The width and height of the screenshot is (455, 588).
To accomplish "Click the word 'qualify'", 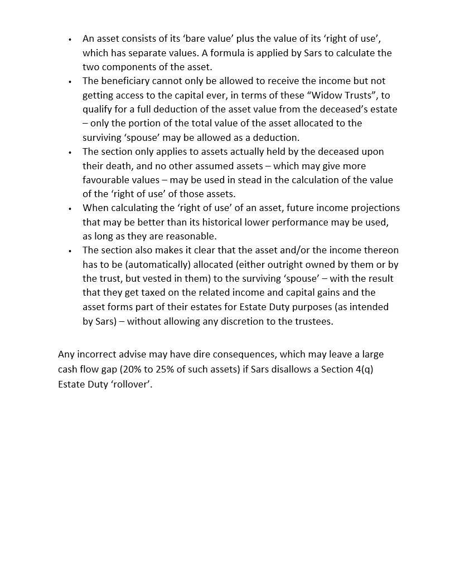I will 98,109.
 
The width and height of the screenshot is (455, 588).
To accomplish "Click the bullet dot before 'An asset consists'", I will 70,40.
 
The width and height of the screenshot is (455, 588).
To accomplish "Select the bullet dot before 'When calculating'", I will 70,209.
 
